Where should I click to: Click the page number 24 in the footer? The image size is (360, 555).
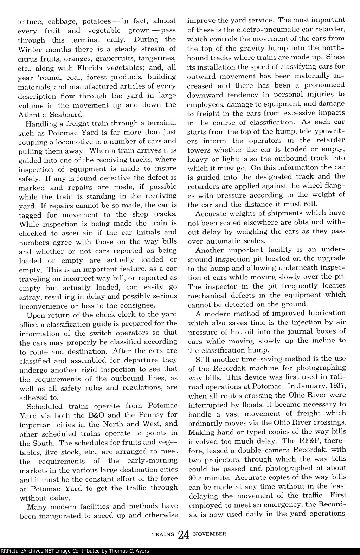click(184, 535)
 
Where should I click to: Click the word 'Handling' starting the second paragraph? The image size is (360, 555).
click(40, 123)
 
